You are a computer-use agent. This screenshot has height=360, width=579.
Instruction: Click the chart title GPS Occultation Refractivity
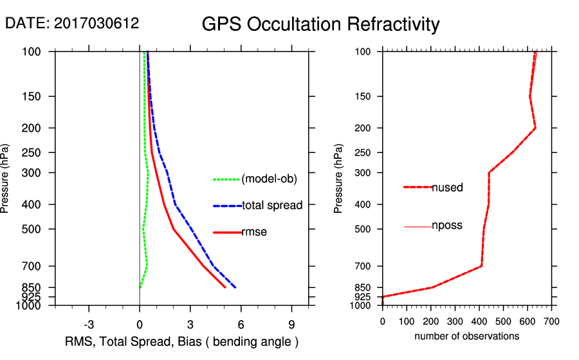point(320,24)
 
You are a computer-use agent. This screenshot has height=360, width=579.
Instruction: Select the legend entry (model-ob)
point(269,179)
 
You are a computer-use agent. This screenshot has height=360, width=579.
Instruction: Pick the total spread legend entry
point(272,206)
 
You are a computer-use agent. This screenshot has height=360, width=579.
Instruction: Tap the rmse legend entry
point(254,232)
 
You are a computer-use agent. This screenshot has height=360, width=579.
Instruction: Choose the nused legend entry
point(447,188)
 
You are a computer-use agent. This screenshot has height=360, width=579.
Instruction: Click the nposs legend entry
point(447,226)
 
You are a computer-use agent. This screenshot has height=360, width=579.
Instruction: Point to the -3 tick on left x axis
point(89,323)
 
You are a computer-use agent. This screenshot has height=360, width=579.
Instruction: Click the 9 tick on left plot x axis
point(292,323)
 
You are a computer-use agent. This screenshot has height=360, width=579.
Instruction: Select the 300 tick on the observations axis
point(455,321)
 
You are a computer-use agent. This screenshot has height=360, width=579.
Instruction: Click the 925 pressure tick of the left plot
point(32,297)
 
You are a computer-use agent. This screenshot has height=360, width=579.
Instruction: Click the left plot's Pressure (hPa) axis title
point(6,178)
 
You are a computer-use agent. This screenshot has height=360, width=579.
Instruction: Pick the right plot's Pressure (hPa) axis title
point(339,178)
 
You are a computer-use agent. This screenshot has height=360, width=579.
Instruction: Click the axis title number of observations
point(466,336)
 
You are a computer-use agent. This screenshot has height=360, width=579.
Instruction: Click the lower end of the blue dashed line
point(235,287)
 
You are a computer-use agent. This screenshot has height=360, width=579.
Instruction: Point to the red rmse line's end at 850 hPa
point(225,287)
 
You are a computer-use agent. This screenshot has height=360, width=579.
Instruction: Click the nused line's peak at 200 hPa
point(535,129)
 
